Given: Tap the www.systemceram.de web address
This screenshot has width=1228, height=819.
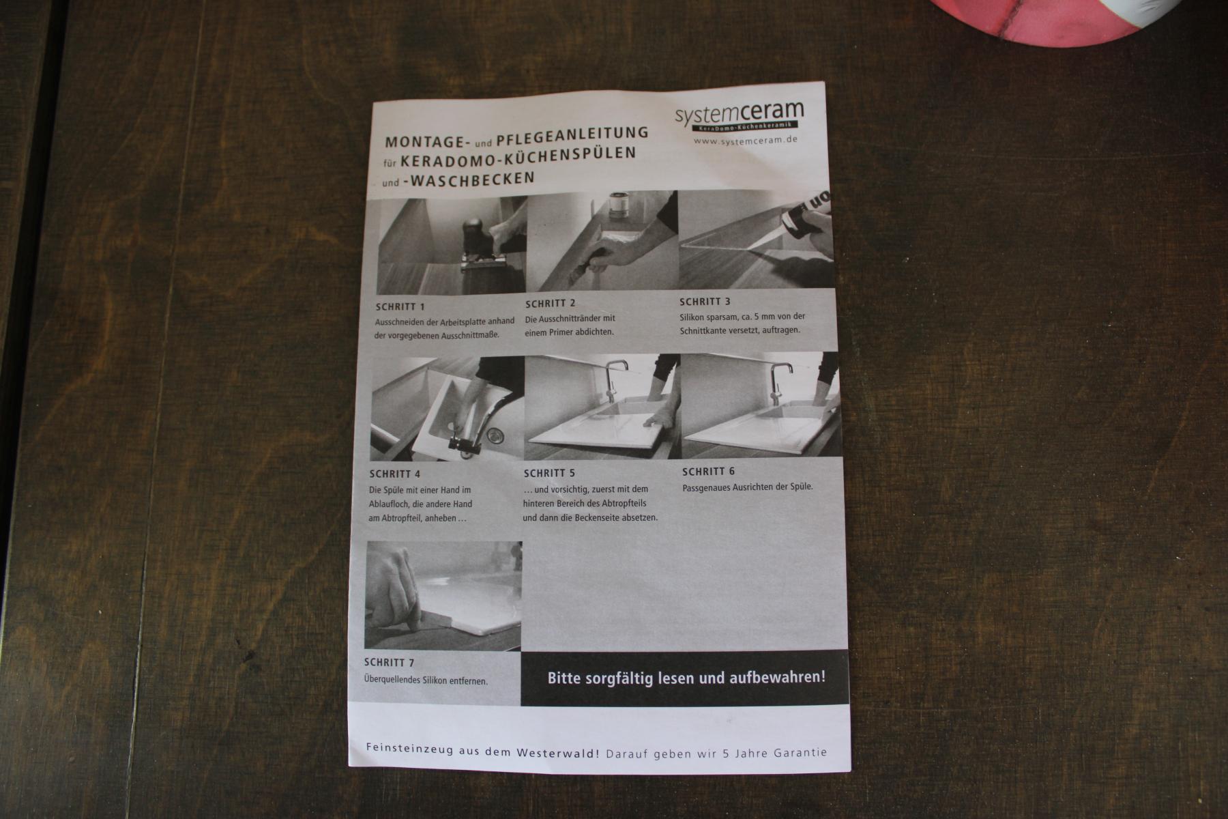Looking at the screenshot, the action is click(746, 141).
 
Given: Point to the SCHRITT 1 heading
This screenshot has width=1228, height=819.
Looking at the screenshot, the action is click(400, 307).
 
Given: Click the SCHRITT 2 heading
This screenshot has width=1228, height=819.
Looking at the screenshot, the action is click(551, 304).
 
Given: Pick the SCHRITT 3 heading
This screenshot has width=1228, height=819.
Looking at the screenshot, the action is click(705, 302).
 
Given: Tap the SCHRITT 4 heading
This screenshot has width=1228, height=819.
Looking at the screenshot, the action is click(395, 474).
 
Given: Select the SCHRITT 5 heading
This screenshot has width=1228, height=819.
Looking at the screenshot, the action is click(549, 473).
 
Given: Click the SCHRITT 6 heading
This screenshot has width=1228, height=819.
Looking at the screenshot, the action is click(708, 472).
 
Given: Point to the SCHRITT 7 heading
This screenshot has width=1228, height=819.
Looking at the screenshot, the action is click(389, 663).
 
